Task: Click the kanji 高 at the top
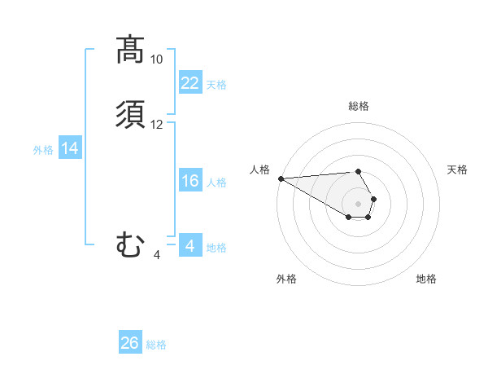click(x=129, y=50)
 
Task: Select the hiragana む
click(x=130, y=244)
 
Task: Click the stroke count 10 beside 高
click(x=157, y=59)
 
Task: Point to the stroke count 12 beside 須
click(x=157, y=125)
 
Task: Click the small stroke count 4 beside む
click(x=157, y=255)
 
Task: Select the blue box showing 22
click(x=190, y=83)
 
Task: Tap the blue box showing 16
click(x=190, y=181)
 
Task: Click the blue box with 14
click(x=70, y=148)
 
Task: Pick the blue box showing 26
click(x=130, y=343)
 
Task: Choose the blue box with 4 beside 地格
click(x=190, y=246)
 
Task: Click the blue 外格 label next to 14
click(x=43, y=150)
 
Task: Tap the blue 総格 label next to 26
click(x=156, y=345)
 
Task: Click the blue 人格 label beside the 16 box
click(x=217, y=183)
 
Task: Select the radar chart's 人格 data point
click(x=281, y=178)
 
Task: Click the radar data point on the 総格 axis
click(x=358, y=172)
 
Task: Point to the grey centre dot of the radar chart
click(x=358, y=203)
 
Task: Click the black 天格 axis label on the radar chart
click(x=457, y=169)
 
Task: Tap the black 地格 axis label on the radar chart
click(x=426, y=279)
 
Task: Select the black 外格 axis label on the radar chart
click(x=286, y=279)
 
